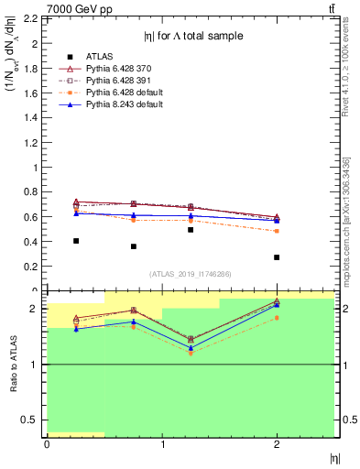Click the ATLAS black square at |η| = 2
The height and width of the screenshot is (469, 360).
point(277,257)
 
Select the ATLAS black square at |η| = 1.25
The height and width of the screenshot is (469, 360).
point(191,230)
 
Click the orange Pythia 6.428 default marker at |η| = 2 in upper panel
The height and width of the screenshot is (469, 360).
point(277,231)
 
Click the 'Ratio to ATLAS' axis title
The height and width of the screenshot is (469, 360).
point(12,364)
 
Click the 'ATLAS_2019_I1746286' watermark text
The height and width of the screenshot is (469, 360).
point(191,274)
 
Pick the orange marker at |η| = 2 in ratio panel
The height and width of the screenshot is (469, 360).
point(277,318)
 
